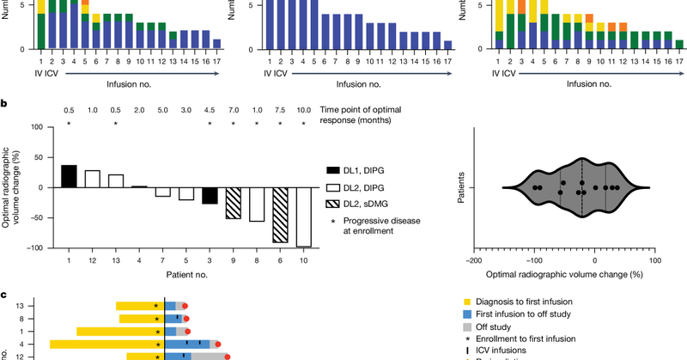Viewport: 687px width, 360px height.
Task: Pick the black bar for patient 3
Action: tap(210, 195)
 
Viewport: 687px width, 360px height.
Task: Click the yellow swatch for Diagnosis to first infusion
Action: tap(467, 302)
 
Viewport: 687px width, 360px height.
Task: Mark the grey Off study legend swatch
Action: tap(467, 326)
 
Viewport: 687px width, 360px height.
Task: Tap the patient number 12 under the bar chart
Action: tap(93, 257)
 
